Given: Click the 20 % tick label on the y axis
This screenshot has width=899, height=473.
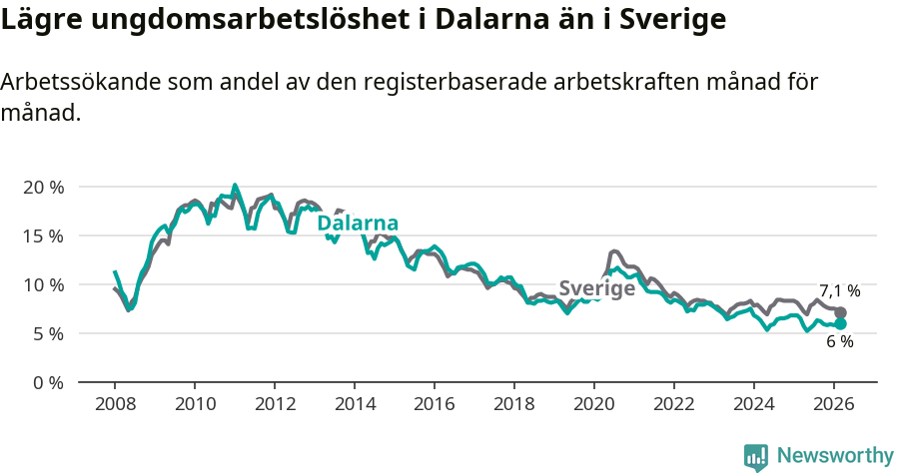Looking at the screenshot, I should [43, 187].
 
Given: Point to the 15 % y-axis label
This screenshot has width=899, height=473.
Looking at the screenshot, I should [43, 236].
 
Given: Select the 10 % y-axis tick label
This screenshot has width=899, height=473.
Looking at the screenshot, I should [43, 284].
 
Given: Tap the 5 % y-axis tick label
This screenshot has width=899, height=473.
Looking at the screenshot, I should [48, 333].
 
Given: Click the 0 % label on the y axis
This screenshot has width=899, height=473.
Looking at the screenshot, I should [48, 382].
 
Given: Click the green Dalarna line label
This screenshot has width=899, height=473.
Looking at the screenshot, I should [358, 224].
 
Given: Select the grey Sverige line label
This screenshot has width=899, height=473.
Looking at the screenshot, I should [596, 288].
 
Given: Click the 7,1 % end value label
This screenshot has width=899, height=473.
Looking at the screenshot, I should [840, 291].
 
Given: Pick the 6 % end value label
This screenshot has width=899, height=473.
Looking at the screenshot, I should [839, 342].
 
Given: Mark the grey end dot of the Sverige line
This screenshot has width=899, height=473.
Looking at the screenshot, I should [840, 312].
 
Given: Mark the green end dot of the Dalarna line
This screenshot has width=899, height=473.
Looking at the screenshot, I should [840, 323].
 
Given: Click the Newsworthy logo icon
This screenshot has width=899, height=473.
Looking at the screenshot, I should [756, 457].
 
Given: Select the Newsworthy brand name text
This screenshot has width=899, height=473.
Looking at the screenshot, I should [835, 456].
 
